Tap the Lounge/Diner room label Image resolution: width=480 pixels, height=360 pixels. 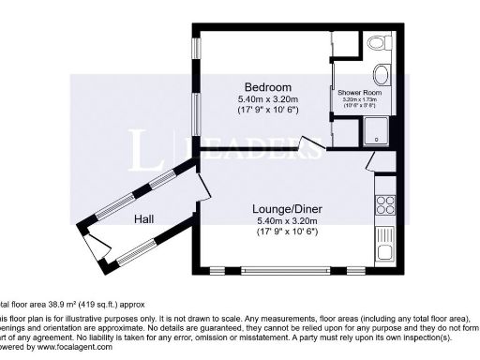pyautogui.click(x=288, y=208)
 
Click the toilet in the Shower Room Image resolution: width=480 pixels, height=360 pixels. pyautogui.click(x=380, y=44)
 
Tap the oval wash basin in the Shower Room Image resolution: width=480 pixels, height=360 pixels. pyautogui.click(x=382, y=76)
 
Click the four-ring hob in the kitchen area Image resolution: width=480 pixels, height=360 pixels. pyautogui.click(x=384, y=202)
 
